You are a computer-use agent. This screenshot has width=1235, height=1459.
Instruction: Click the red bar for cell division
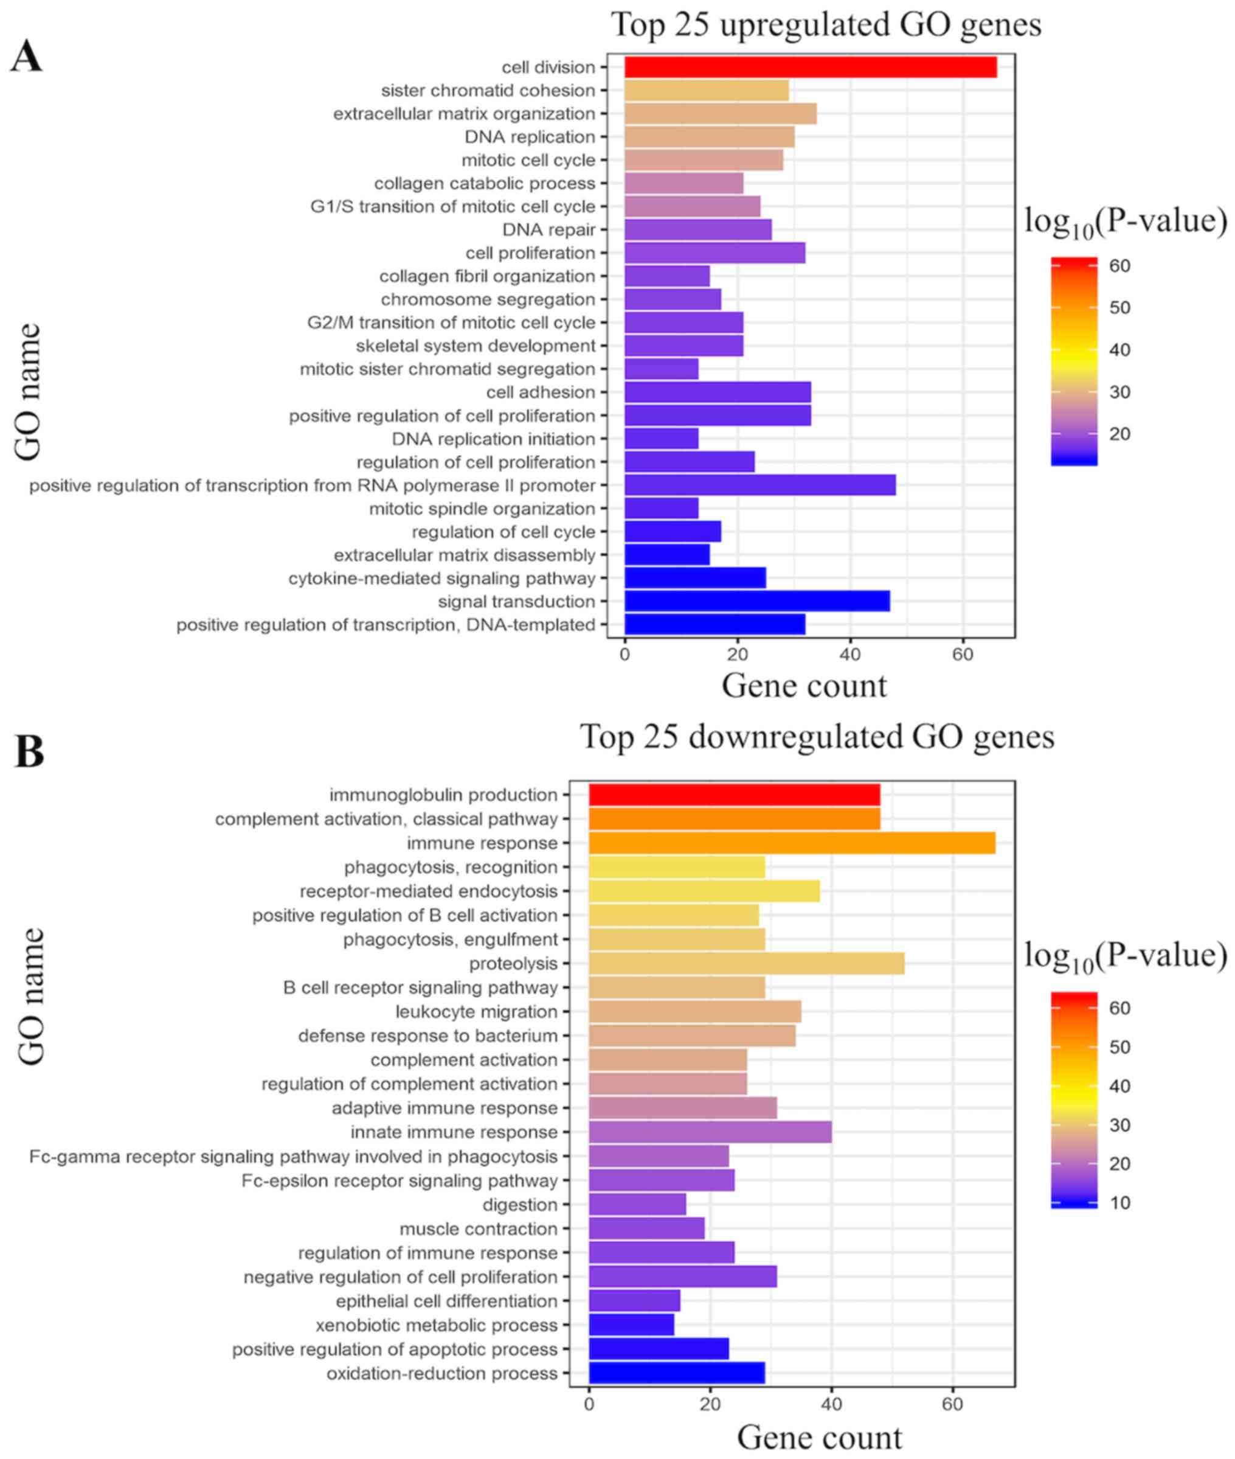click(x=810, y=68)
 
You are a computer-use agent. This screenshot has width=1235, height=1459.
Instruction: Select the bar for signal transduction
click(x=757, y=601)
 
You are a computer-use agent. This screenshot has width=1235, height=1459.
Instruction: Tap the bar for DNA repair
click(x=698, y=230)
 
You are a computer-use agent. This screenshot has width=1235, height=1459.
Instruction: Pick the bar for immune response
click(x=792, y=843)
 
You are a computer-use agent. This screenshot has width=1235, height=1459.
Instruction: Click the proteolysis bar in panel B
click(x=746, y=963)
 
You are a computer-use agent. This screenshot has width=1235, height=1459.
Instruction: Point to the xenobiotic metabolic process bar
click(x=632, y=1325)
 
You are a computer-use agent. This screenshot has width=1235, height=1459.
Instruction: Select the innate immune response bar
click(x=710, y=1132)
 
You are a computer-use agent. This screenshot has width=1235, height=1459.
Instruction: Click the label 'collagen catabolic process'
click(x=485, y=184)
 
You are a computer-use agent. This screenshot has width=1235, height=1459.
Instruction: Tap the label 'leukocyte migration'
click(x=476, y=1011)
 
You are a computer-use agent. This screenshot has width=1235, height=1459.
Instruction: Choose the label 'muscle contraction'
click(x=478, y=1228)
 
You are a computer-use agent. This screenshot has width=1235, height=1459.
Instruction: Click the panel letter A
click(x=26, y=57)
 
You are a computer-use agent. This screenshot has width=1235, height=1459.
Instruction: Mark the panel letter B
click(x=29, y=751)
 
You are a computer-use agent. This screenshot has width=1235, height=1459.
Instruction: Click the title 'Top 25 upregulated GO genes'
click(x=826, y=25)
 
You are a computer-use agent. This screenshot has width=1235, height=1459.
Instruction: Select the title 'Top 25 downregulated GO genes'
click(x=817, y=737)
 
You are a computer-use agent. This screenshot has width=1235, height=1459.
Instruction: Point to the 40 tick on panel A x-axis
click(x=850, y=655)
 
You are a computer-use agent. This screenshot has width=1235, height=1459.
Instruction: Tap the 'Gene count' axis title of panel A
click(x=804, y=686)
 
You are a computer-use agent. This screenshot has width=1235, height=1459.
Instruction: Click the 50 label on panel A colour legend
click(x=1120, y=307)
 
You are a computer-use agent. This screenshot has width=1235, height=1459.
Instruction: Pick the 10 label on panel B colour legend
click(x=1120, y=1203)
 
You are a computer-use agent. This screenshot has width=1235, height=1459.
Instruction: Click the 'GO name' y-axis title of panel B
click(x=32, y=997)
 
